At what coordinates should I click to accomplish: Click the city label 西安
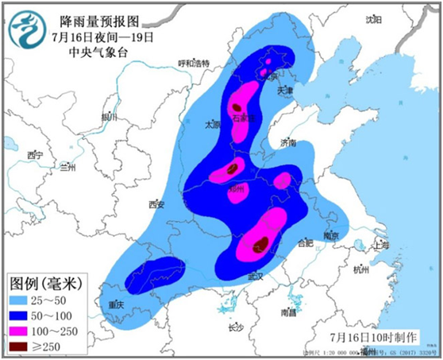pyautogui.click(x=156, y=205)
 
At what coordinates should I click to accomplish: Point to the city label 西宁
pyautogui.click(x=33, y=154)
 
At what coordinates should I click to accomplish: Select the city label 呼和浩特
pyautogui.click(x=193, y=64)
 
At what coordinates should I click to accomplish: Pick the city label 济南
pyautogui.click(x=287, y=143)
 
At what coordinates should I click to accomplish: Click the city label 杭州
pyautogui.click(x=361, y=271)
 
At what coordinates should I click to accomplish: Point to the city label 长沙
pyautogui.click(x=235, y=327)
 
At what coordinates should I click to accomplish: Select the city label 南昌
pyautogui.click(x=288, y=313)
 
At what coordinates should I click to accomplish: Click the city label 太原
pyautogui.click(x=212, y=125)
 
